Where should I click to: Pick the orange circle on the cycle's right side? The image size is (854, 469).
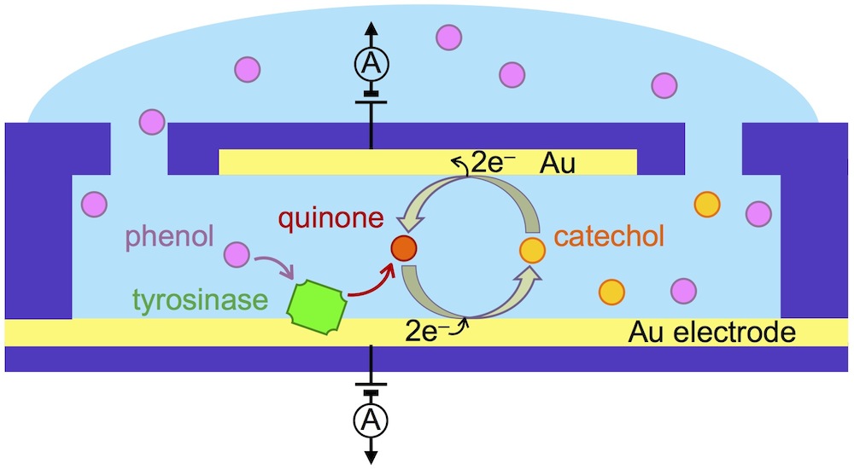point(532,250)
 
